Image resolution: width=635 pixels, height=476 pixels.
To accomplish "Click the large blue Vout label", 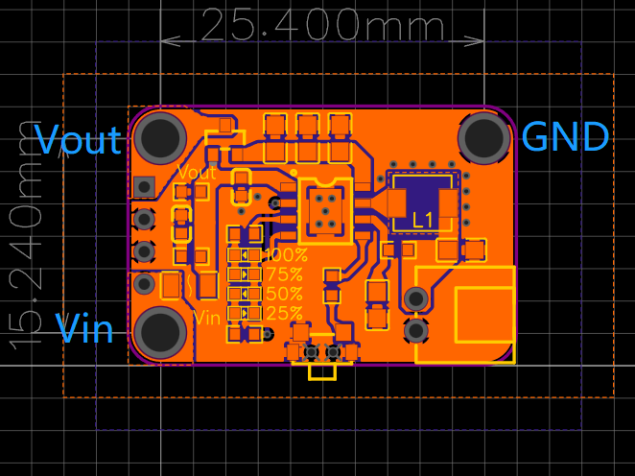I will point(79,140).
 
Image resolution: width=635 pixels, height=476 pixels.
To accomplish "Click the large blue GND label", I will point(565,137).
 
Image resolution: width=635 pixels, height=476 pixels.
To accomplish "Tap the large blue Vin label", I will point(84,329).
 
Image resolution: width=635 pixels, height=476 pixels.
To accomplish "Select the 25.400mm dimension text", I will point(322,25).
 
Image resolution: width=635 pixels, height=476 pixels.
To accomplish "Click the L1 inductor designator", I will point(423,220).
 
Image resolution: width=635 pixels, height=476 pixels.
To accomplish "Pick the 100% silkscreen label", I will point(285,255).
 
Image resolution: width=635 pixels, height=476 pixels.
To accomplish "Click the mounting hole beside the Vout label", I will point(161,137).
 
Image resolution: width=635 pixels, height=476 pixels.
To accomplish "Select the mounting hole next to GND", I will point(483,137).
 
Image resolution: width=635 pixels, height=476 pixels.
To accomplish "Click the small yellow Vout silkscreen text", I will point(198,174).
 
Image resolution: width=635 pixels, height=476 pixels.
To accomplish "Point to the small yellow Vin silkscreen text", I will point(208,317).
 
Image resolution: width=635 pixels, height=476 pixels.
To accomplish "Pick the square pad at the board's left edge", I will point(145,185).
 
